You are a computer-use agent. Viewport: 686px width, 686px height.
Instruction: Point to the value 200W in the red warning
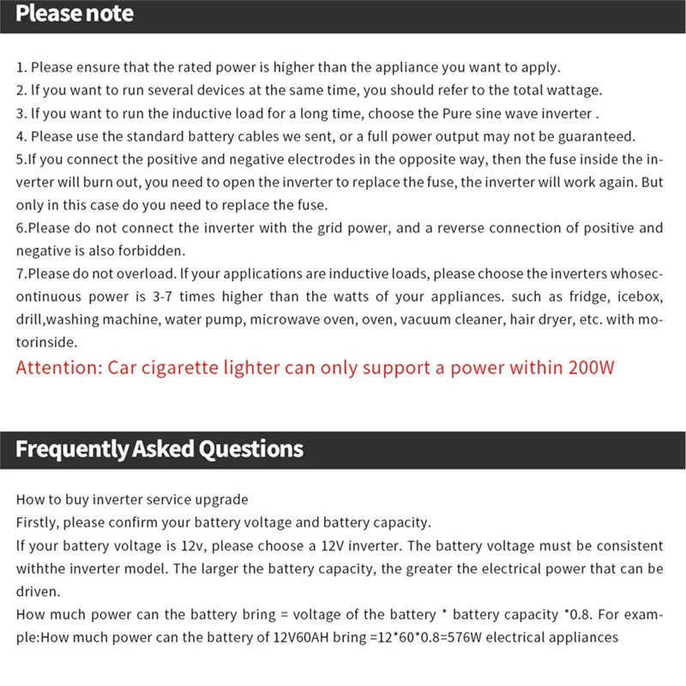click(x=592, y=369)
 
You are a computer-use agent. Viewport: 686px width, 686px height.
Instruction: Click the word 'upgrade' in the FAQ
click(x=222, y=500)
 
